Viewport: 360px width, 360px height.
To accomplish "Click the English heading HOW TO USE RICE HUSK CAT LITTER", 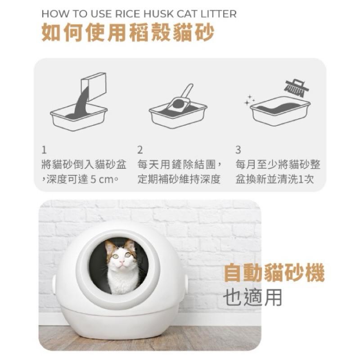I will click(139, 14).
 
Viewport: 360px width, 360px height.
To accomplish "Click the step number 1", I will click(44, 149).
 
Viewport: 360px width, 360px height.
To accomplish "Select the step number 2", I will click(140, 149).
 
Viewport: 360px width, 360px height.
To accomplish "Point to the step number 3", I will click(238, 149).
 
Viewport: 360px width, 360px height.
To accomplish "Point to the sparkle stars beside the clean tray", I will click(249, 100).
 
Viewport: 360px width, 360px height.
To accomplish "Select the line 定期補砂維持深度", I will click(179, 179).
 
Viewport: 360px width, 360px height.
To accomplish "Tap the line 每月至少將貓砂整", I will click(278, 164).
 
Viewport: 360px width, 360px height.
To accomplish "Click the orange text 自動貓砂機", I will click(274, 273).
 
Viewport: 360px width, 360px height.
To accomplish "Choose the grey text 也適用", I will click(252, 297).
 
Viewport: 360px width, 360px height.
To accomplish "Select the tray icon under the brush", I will click(280, 110).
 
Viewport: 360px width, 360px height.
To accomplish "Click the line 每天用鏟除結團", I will click(179, 164).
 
